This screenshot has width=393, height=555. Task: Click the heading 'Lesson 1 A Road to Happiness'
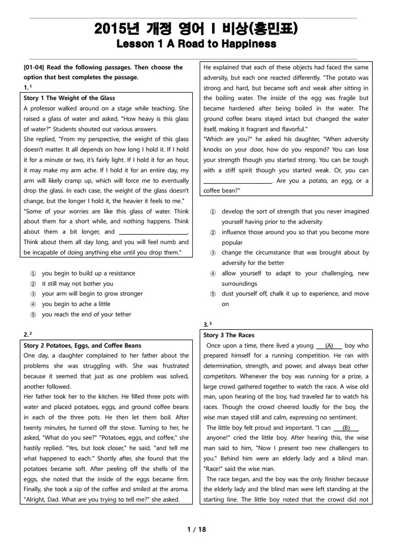tap(196, 44)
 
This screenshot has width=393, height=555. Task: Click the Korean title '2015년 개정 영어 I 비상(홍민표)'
tap(196, 29)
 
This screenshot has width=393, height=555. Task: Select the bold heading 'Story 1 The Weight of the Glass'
tap(69, 98)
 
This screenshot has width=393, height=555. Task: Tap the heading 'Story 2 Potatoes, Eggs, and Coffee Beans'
tap(82, 346)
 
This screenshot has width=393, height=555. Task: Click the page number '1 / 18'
tap(196, 529)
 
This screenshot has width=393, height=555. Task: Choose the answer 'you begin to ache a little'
tap(76, 304)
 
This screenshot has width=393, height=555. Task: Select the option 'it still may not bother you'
tap(77, 284)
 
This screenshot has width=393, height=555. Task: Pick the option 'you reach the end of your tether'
tap(86, 315)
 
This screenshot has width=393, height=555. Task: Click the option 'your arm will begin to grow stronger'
tap(92, 294)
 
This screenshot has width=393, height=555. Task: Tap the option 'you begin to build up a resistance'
tap(88, 273)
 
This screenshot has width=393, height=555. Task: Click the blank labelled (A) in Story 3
tap(330, 346)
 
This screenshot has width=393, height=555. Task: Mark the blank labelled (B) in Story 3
tap(346, 428)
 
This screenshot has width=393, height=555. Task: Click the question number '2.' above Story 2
tap(26, 335)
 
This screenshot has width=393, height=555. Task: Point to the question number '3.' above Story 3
tap(205, 325)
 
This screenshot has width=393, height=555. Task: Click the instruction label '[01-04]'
tap(35, 68)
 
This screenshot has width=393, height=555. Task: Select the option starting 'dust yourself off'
tap(295, 294)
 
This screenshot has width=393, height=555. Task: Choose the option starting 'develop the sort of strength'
tap(295, 212)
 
